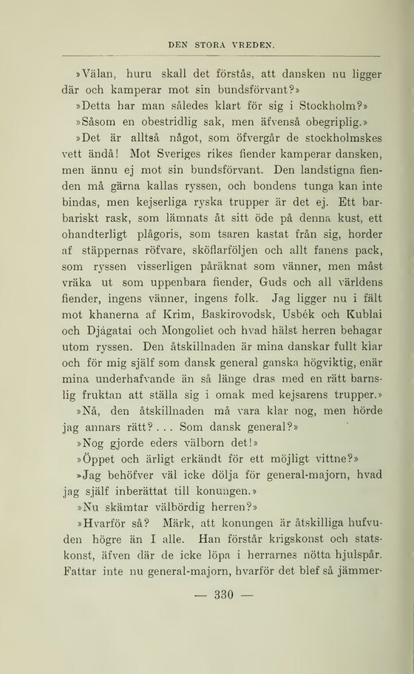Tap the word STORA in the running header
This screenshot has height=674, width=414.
210,44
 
